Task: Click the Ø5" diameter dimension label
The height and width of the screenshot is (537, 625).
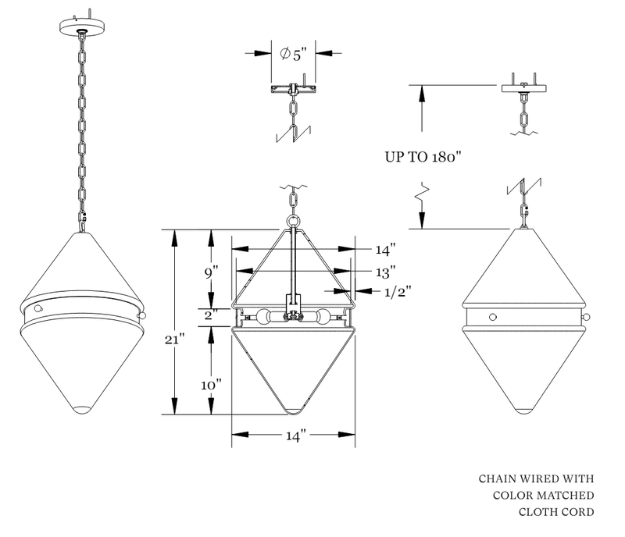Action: point(294,54)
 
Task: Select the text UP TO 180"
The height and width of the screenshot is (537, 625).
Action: point(424,156)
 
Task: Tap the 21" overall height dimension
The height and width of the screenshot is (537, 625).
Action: point(174,340)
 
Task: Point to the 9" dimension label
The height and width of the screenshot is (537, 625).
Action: point(211,274)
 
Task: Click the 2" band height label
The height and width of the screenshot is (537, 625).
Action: point(210,316)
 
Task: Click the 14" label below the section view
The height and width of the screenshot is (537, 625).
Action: point(294,435)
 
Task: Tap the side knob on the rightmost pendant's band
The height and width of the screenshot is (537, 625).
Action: point(587,317)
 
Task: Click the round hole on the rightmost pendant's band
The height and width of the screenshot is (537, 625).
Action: point(492,316)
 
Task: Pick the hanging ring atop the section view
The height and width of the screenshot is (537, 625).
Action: point(294,221)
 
